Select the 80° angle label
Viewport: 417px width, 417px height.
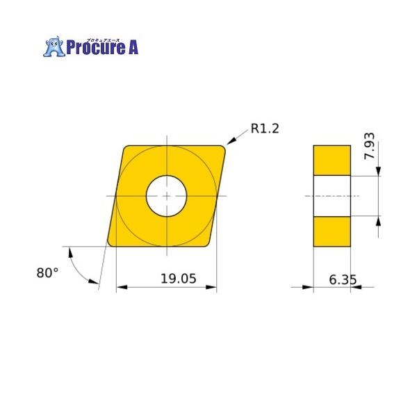point(48,273)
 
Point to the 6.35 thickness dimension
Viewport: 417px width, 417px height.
point(343,279)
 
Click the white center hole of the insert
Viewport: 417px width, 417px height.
point(167,196)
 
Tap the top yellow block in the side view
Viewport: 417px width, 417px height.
point(332,160)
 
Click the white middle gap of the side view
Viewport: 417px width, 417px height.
point(332,196)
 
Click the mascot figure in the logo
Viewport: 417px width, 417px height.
point(54,47)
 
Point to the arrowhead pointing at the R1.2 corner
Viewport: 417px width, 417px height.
point(231,143)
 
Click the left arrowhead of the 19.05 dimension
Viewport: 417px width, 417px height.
point(120,287)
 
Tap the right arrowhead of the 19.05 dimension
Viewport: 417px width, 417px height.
point(212,287)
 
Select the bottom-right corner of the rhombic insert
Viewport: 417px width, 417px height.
point(208,244)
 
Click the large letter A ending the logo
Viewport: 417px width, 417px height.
point(131,48)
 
